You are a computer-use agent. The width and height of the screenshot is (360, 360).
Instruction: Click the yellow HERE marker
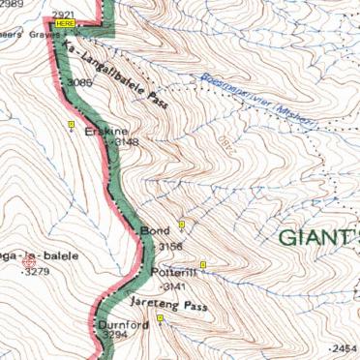point(65,21)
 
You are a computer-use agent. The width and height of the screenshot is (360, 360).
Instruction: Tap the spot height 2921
point(68,12)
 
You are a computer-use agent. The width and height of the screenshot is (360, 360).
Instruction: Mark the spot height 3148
point(126,142)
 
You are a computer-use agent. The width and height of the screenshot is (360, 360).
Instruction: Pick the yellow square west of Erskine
point(71,125)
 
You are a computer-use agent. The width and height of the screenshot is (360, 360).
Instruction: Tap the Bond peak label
point(154,231)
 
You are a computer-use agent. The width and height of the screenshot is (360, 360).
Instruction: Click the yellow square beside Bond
point(181,225)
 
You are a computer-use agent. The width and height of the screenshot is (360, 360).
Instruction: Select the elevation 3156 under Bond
point(168,247)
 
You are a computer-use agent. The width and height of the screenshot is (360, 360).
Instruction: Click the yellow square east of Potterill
point(203,264)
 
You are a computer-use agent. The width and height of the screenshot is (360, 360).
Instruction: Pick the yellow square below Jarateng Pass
point(161,319)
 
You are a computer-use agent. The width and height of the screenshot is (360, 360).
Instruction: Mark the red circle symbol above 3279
point(29,260)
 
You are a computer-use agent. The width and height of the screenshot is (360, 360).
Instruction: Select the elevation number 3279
point(37,272)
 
